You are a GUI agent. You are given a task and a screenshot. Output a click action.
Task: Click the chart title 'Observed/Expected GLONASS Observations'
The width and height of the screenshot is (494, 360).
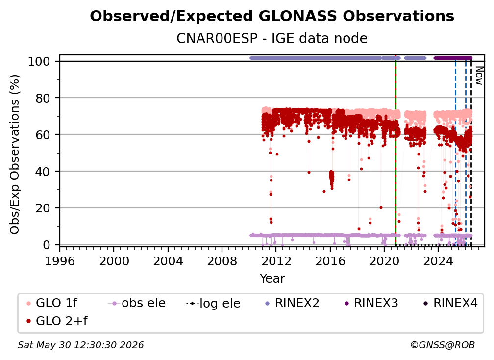272,16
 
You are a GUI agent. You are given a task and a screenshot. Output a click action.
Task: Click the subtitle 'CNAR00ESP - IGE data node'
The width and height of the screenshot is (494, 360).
272,38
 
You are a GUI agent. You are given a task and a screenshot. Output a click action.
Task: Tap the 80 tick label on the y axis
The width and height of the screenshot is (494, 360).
43,98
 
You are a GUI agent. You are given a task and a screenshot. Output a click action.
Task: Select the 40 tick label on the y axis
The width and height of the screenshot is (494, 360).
43,172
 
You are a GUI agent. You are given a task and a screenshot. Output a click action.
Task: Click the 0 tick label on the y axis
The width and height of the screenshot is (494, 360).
47,245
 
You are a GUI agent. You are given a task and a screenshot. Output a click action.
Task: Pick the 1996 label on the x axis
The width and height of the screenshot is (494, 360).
60,261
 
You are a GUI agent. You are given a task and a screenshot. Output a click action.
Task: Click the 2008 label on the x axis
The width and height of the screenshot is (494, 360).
222,261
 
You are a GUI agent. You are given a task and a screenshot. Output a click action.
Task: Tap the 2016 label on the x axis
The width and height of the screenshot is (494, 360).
330,261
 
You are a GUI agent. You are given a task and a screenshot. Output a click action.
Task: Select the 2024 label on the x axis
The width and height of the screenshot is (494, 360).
438,261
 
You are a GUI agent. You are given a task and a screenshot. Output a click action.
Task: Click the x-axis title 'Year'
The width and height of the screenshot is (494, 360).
272,279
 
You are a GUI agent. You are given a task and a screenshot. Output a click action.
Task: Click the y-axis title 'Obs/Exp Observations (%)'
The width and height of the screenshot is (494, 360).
15,154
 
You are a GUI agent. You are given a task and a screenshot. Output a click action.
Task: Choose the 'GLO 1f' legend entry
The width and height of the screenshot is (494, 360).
52,303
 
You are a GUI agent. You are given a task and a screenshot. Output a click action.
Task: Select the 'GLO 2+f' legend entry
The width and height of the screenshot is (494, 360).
57,321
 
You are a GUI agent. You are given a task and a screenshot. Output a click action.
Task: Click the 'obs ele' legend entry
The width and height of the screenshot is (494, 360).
137,303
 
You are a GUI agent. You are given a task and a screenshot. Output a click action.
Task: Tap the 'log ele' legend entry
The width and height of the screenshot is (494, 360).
213,303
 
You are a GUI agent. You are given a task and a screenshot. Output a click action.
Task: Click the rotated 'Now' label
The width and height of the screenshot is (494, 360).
479,76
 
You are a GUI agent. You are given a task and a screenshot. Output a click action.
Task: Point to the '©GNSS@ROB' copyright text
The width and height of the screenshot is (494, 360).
443,345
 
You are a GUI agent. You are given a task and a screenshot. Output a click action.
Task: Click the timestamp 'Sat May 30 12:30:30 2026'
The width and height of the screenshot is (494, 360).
81,345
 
